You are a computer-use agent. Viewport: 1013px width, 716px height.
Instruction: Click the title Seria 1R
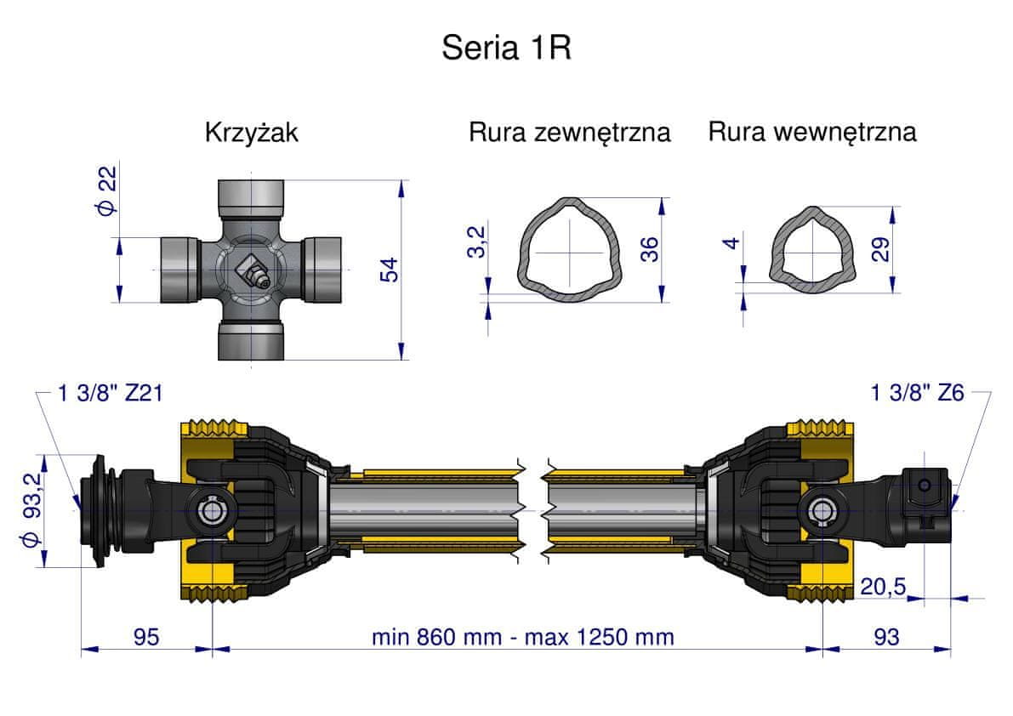(x=507, y=48)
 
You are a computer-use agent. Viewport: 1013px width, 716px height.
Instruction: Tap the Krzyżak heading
(x=251, y=133)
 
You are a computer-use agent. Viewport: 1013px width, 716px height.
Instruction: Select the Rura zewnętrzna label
(x=569, y=133)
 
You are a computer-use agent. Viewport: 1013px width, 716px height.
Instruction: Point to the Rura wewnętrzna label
(x=812, y=132)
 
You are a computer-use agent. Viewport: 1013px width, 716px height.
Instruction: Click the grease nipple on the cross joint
(x=251, y=271)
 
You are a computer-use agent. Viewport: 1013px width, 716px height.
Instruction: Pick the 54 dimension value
(x=389, y=270)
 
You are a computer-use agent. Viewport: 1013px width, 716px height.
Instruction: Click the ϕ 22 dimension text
(x=106, y=190)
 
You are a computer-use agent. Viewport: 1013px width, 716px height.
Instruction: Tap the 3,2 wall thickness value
(x=476, y=242)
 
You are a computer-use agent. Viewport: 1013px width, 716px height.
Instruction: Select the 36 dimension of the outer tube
(x=649, y=249)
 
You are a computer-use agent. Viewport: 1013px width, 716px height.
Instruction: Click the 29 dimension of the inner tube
(x=880, y=249)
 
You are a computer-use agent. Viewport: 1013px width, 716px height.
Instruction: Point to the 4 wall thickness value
(x=731, y=242)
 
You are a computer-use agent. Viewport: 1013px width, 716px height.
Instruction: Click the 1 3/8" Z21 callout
(x=110, y=393)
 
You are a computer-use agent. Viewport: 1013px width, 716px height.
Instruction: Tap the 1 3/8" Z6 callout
(x=918, y=393)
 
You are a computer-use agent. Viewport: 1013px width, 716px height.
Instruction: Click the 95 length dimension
(x=146, y=637)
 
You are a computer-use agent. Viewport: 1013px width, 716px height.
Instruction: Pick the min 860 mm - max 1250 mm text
(x=522, y=637)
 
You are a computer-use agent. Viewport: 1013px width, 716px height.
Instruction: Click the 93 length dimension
(x=886, y=637)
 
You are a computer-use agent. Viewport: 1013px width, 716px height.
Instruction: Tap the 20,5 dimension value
(x=883, y=586)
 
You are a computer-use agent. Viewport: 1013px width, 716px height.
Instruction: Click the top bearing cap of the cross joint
(x=251, y=199)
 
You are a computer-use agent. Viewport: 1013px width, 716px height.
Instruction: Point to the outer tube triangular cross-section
(x=569, y=249)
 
